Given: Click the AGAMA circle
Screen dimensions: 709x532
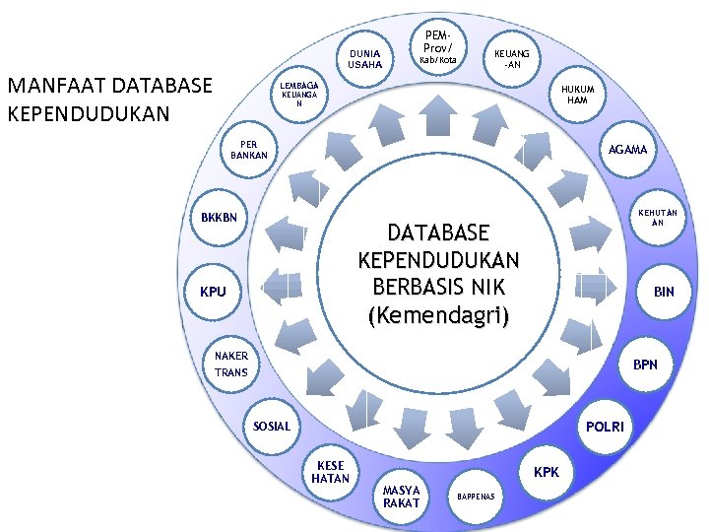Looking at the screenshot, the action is click(627, 150).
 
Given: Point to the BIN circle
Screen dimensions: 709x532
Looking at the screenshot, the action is click(664, 292).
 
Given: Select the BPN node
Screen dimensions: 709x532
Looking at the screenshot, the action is click(645, 365).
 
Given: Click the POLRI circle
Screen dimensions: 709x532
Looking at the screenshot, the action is click(604, 426).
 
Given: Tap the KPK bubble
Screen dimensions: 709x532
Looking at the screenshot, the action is click(547, 472).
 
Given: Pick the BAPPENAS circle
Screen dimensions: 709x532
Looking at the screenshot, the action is click(478, 496).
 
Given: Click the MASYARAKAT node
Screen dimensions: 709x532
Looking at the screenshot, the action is click(401, 497).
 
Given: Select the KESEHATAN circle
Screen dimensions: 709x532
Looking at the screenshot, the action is click(330, 472).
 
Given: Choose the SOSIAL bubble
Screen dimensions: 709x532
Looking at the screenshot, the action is click(272, 427).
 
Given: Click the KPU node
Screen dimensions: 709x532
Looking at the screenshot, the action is click(213, 292).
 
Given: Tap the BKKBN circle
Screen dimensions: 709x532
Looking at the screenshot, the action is click(219, 217).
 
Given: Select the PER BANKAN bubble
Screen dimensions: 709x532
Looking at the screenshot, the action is click(248, 150).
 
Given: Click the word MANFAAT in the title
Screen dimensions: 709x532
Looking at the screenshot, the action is click(55, 86).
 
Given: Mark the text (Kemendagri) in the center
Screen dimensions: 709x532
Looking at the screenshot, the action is click(438, 316).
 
